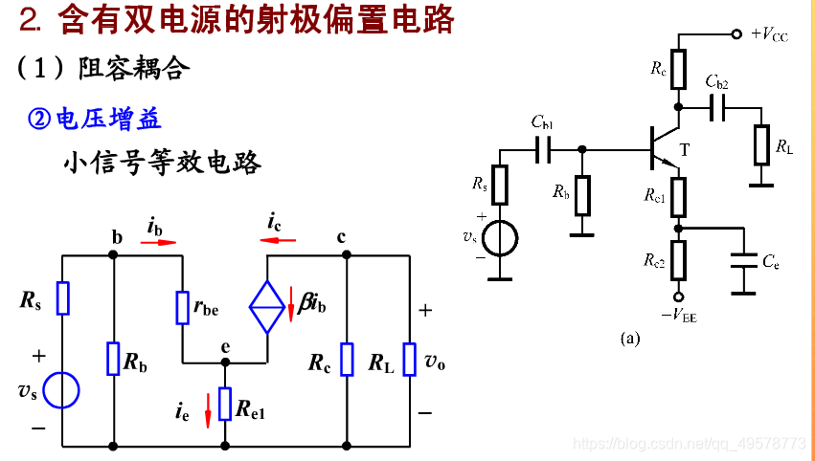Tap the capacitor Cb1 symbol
coord(543,149)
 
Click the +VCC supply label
coord(769,34)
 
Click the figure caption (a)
coord(629,338)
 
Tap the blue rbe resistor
coord(182,307)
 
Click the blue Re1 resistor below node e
coord(225,404)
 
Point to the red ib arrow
coord(158,243)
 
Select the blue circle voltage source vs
coord(62,391)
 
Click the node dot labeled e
coord(225,363)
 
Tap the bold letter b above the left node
coord(117,237)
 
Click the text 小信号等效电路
coord(162,162)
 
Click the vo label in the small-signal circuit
coord(435,362)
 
